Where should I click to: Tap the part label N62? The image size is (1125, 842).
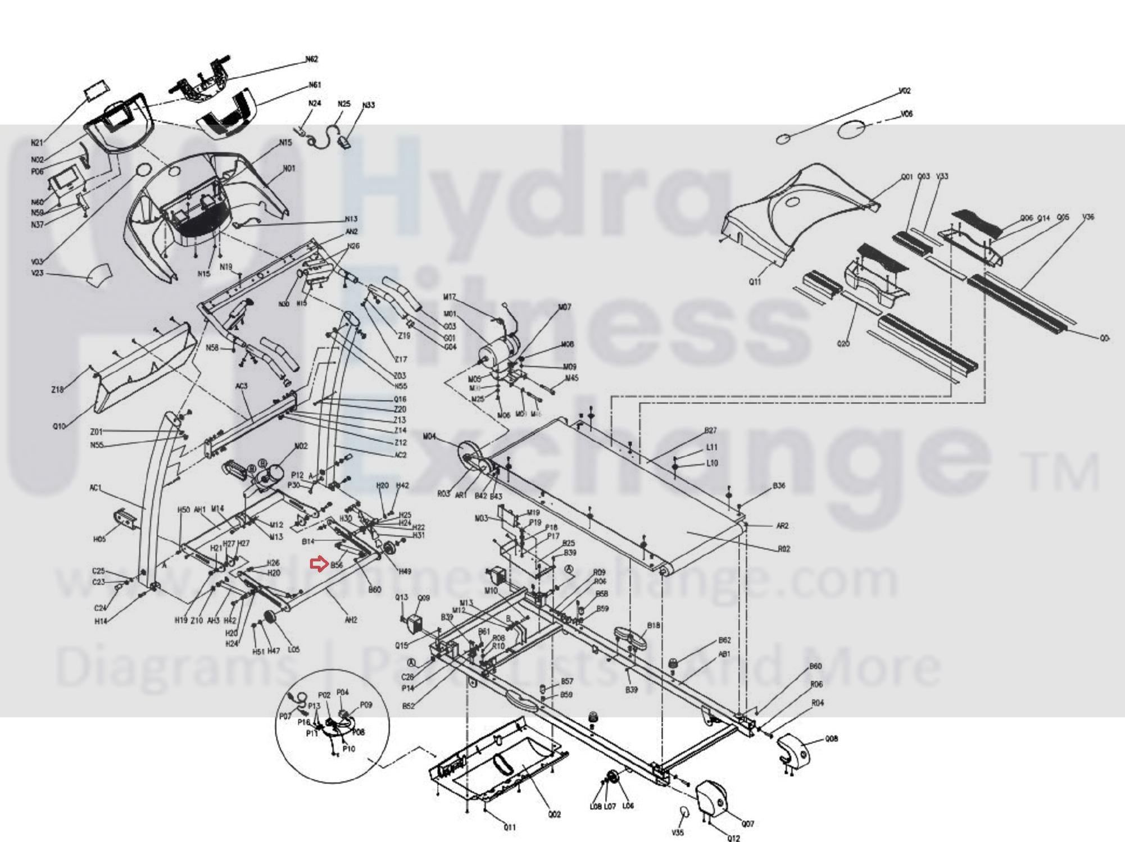pyautogui.click(x=311, y=59)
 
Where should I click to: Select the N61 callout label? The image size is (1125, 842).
pyautogui.click(x=315, y=85)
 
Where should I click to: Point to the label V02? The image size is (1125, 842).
pyautogui.click(x=904, y=91)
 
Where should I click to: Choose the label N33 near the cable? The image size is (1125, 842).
pyautogui.click(x=368, y=105)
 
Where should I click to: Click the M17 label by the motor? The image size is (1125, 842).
pyautogui.click(x=450, y=297)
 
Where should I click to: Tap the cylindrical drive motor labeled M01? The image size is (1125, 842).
pyautogui.click(x=497, y=352)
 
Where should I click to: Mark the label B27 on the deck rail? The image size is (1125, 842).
pyautogui.click(x=710, y=431)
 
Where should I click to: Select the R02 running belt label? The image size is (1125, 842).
pyautogui.click(x=784, y=549)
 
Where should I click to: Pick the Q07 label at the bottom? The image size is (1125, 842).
pyautogui.click(x=747, y=824)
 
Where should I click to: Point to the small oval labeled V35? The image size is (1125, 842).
pyautogui.click(x=684, y=812)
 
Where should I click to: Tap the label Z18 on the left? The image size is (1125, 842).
pyautogui.click(x=57, y=389)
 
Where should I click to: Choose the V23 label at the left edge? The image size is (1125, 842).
pyautogui.click(x=37, y=274)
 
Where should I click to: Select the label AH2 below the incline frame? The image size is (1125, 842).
pyautogui.click(x=351, y=620)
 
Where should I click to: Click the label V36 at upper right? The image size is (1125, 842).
pyautogui.click(x=1088, y=217)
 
